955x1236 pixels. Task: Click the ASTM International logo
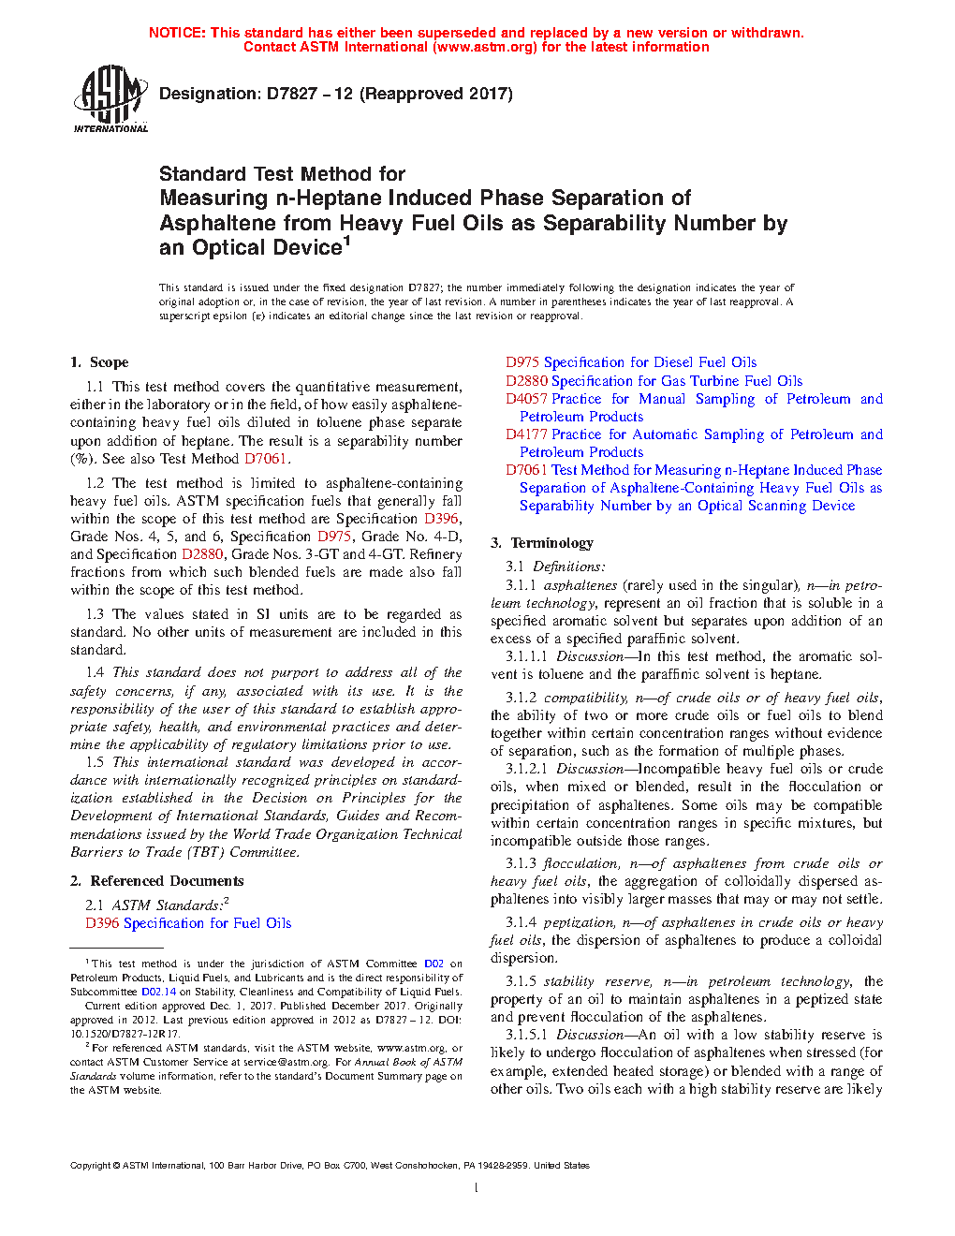(x=110, y=98)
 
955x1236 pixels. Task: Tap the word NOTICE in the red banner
(x=177, y=33)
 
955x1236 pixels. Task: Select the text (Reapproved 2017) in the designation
(x=436, y=94)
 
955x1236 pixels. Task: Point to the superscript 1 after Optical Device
(x=346, y=241)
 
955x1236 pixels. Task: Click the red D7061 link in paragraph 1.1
(x=266, y=459)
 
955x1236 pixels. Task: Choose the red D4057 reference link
(x=526, y=399)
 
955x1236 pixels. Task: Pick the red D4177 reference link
(x=526, y=434)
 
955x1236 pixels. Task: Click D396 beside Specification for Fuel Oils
(x=102, y=923)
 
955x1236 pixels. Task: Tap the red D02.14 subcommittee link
(x=158, y=992)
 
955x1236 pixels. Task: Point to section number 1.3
(x=95, y=614)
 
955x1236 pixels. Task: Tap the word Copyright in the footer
(x=90, y=1166)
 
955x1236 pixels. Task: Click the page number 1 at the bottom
(x=477, y=1188)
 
